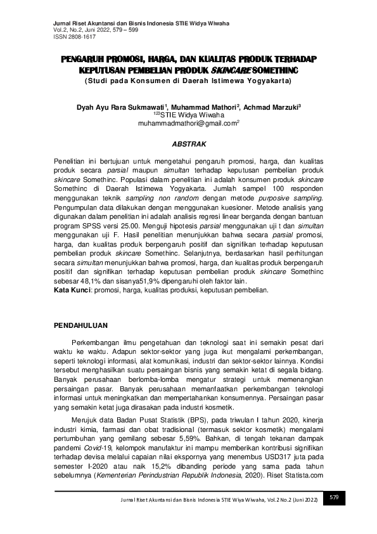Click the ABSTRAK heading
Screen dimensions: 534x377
tap(188, 145)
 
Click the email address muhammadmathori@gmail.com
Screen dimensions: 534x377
tap(187, 124)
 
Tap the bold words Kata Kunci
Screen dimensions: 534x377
tap(72, 290)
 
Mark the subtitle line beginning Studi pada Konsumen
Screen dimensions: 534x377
tap(188, 82)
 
